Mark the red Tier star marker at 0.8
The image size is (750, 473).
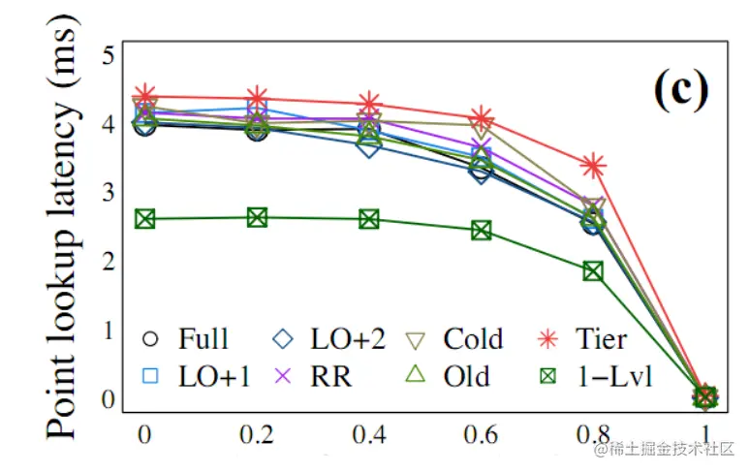coord(593,166)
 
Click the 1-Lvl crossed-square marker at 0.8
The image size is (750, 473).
coord(593,270)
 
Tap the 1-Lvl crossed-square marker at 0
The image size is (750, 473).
coord(145,218)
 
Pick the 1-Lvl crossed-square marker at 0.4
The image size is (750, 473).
coord(369,219)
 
